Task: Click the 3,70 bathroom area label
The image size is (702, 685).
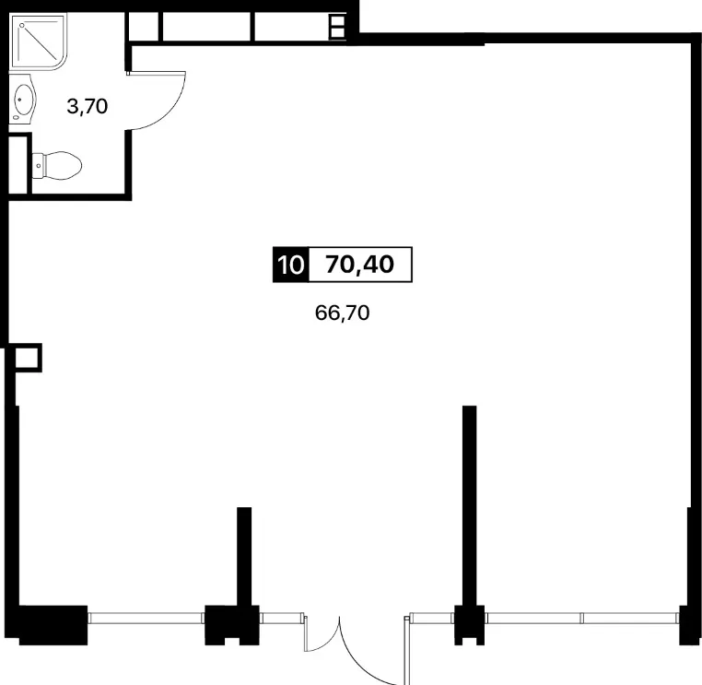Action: (88, 107)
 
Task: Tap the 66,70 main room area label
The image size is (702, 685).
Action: (342, 313)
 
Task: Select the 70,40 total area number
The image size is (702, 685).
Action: (360, 265)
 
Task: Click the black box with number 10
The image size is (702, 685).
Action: (290, 265)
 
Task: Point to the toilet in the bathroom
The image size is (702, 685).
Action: (57, 166)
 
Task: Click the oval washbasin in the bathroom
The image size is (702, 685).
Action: (24, 100)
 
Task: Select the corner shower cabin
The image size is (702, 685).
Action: (38, 42)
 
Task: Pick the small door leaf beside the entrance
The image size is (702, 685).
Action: (306, 634)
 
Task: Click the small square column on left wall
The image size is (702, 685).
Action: (29, 358)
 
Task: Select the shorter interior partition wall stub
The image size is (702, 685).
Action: (244, 556)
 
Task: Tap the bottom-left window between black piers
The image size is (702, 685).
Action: (146, 619)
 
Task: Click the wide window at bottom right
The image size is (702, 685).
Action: (582, 619)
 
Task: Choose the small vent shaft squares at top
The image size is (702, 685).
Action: (337, 27)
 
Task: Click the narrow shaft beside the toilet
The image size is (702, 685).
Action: (18, 164)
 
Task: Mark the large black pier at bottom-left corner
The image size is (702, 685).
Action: (53, 625)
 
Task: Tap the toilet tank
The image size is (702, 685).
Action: (38, 166)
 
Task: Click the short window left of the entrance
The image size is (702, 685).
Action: (282, 619)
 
